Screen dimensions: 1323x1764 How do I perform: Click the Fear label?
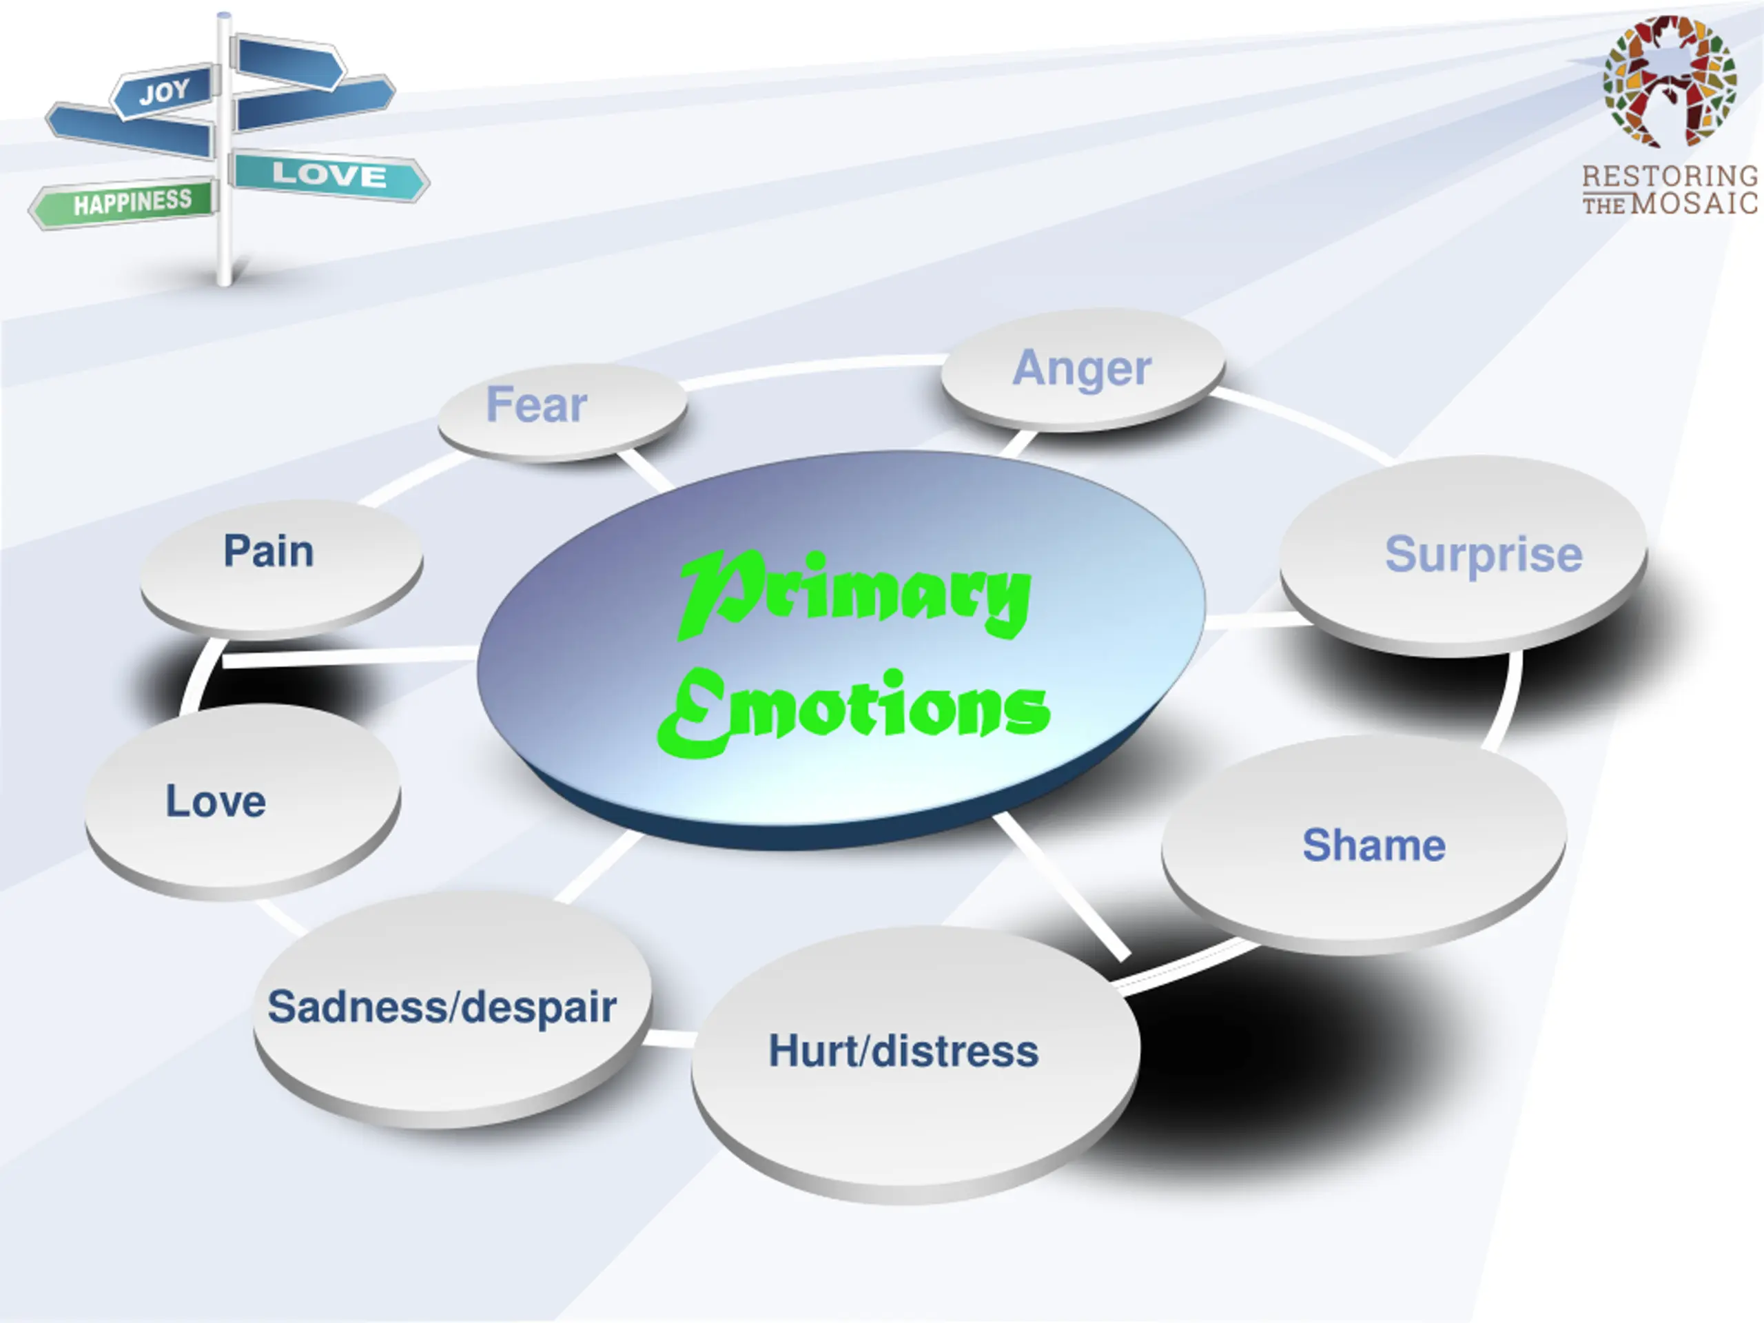click(536, 404)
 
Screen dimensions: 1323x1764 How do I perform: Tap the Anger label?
click(1081, 369)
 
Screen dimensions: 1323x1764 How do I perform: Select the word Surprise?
click(1484, 554)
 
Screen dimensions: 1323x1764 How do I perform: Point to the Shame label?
click(1373, 845)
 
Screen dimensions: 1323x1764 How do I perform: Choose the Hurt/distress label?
click(903, 1051)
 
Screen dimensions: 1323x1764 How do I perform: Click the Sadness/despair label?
click(442, 1007)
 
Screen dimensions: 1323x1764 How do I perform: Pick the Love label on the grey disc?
click(215, 801)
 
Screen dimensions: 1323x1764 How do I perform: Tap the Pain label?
click(268, 551)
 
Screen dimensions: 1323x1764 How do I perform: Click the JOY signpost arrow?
click(165, 92)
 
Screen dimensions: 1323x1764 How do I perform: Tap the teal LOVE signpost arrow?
click(329, 174)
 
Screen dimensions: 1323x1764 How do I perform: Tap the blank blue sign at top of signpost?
click(289, 61)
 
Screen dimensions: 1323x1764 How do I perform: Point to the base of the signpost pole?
click(225, 275)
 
